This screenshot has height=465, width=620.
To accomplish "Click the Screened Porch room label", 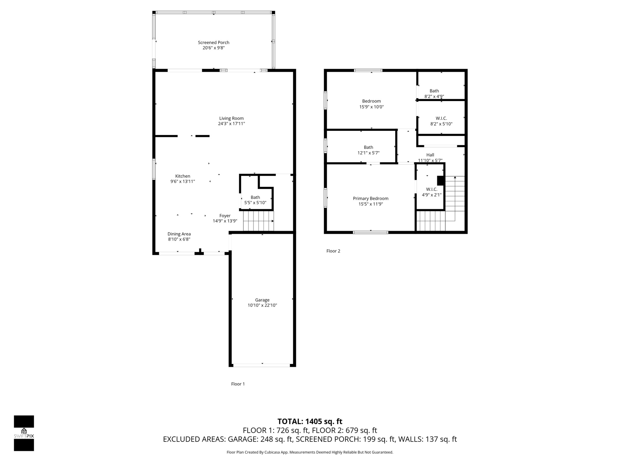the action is (x=213, y=42).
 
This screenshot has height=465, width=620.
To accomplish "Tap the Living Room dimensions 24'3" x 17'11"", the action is (x=232, y=124).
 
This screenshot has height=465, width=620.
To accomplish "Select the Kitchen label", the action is (x=183, y=176).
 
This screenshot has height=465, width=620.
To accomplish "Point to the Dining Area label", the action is (x=179, y=234).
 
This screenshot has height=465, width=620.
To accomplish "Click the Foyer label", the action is (x=225, y=216).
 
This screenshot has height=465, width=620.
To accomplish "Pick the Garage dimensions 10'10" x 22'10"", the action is (x=262, y=305).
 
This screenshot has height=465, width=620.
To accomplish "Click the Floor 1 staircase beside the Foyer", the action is (x=258, y=221).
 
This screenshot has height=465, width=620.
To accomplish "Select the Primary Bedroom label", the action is (x=371, y=198).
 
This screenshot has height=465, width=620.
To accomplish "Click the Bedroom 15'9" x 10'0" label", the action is (x=371, y=101).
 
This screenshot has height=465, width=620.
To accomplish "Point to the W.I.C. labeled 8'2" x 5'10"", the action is (x=441, y=119).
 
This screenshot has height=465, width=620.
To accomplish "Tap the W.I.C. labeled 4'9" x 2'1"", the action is (x=432, y=189).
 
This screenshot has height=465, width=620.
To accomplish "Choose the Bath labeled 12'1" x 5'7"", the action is (x=368, y=147).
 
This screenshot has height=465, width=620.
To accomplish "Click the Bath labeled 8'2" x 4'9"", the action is (x=434, y=91).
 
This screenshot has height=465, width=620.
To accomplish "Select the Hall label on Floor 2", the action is (x=430, y=155).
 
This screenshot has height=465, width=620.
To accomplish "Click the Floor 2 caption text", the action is (x=333, y=251).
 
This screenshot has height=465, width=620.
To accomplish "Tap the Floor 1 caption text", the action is (x=238, y=384).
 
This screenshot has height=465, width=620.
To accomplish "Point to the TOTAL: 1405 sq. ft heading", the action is (x=310, y=421).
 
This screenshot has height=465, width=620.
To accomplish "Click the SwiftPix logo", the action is (x=24, y=433).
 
